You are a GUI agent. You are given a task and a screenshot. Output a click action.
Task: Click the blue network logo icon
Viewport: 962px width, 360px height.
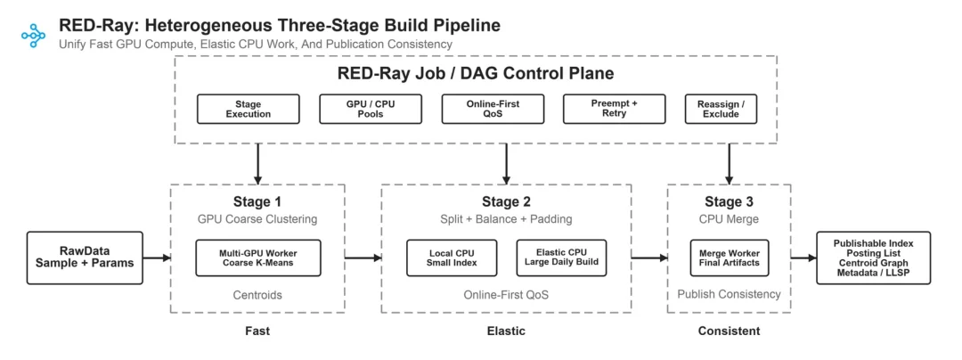pyautogui.click(x=33, y=36)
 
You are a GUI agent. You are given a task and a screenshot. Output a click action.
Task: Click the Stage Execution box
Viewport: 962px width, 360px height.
pyautogui.click(x=249, y=110)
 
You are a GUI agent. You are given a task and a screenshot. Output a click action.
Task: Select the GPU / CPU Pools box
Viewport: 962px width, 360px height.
pyautogui.click(x=371, y=110)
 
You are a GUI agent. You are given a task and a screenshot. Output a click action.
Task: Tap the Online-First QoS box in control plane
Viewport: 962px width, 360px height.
pyautogui.click(x=493, y=110)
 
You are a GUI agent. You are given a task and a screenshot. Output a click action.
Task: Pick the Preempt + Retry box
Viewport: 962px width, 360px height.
pyautogui.click(x=615, y=110)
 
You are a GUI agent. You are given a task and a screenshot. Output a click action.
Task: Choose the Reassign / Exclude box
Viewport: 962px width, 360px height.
pyautogui.click(x=721, y=110)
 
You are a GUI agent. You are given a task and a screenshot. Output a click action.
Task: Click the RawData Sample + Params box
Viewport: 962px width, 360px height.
pyautogui.click(x=86, y=258)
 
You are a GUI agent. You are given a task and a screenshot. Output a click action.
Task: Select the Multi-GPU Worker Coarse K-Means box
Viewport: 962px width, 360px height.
pyautogui.click(x=258, y=258)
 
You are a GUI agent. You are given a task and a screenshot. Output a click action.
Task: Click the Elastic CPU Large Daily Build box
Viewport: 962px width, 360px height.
pyautogui.click(x=561, y=258)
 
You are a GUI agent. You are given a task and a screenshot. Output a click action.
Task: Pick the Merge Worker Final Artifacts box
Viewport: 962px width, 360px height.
pyautogui.click(x=730, y=258)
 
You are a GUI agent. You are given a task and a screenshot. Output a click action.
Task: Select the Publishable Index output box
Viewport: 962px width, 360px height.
pyautogui.click(x=874, y=258)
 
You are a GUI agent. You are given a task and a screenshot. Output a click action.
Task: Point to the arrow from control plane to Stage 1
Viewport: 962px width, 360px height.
pyautogui.click(x=258, y=164)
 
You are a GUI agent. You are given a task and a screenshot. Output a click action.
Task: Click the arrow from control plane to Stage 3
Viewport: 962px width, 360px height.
pyautogui.click(x=730, y=164)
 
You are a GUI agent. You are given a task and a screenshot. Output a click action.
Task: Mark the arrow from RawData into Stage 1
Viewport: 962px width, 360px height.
pyautogui.click(x=157, y=258)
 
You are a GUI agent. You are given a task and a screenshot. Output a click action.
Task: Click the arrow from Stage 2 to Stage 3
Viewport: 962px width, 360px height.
pyautogui.click(x=649, y=258)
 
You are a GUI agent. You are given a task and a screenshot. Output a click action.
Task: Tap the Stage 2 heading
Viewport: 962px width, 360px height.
pyautogui.click(x=506, y=201)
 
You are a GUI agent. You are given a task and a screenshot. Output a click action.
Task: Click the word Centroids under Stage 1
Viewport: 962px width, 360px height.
pyautogui.click(x=257, y=295)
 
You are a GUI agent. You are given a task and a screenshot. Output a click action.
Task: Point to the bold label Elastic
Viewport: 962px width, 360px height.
pyautogui.click(x=506, y=331)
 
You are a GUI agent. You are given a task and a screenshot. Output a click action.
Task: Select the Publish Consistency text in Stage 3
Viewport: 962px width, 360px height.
pyautogui.click(x=729, y=294)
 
